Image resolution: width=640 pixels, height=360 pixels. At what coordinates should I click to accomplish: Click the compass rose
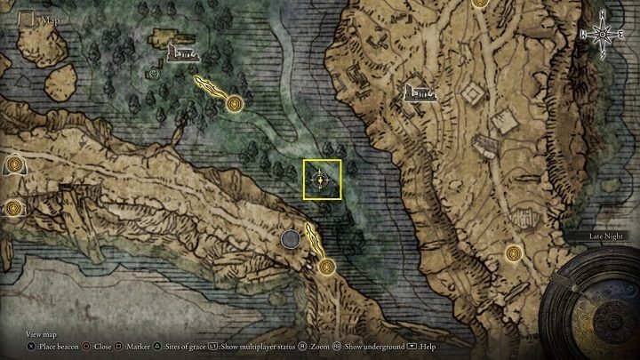point(603,33)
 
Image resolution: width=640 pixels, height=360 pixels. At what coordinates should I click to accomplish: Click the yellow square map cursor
point(321,180)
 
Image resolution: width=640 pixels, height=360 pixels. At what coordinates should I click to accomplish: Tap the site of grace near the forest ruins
point(235,105)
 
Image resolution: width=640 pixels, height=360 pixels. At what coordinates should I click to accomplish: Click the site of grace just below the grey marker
point(326,265)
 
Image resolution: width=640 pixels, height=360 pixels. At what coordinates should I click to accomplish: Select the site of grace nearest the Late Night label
point(512,253)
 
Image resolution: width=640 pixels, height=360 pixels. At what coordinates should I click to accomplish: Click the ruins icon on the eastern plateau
point(418,91)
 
